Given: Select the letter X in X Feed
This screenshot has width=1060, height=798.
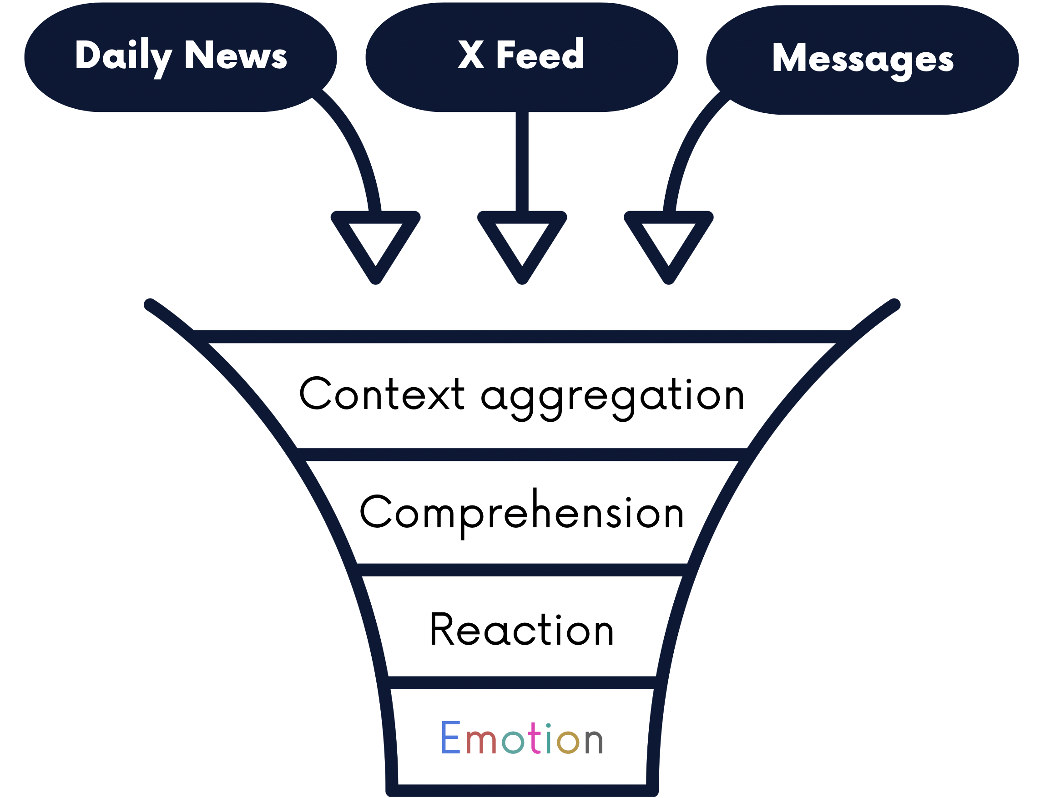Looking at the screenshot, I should click(470, 55).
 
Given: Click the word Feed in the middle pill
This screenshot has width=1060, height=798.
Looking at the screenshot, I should click(540, 55).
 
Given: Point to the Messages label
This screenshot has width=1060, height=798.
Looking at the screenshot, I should click(862, 59).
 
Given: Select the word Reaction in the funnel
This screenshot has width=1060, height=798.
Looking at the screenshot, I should click(521, 629).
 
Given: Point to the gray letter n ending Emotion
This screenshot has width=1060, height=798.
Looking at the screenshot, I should click(593, 741).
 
